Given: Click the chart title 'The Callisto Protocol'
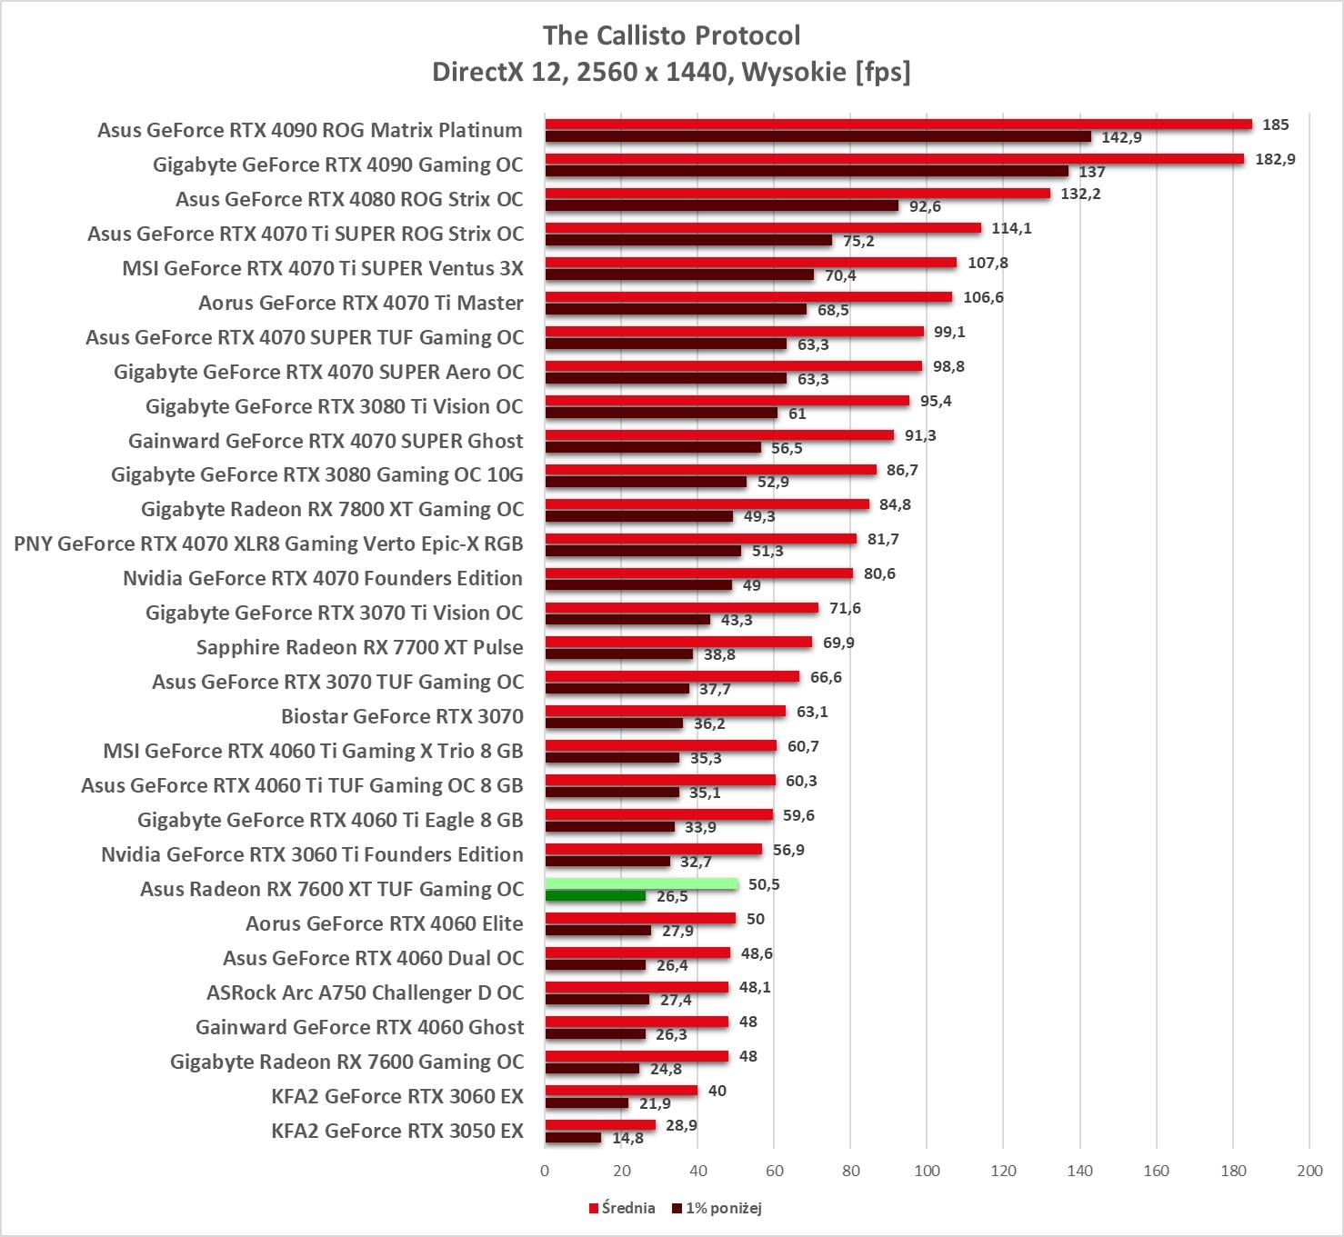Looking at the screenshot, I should point(671,36).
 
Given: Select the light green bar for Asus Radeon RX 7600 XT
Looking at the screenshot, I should point(641,883).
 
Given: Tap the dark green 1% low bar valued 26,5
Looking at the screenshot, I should point(596,896).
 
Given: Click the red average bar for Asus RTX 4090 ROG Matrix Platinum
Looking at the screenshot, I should point(898,125).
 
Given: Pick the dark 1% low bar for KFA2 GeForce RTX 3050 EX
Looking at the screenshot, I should point(573,1138).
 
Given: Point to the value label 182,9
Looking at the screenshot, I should point(1275,159).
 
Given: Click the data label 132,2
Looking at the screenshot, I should point(1080,194).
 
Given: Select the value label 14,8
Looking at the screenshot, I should point(627,1138).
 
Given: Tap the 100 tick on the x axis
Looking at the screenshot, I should point(927,1171).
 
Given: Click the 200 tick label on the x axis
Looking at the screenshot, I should point(1309,1171).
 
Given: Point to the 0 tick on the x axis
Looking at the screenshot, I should point(545,1171).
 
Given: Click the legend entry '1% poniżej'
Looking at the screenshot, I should point(723,1208).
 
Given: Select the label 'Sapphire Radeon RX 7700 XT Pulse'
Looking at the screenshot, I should point(359,647).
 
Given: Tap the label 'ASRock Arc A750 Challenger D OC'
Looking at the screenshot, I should point(365,993).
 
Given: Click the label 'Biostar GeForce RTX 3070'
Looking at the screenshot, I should point(402,716).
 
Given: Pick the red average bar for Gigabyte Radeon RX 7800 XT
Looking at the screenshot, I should point(707,504).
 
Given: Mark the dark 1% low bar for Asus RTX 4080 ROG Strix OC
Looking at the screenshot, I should point(721,206).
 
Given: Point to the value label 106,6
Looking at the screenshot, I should point(983,297).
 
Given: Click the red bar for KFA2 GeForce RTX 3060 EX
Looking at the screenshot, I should point(621,1091).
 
